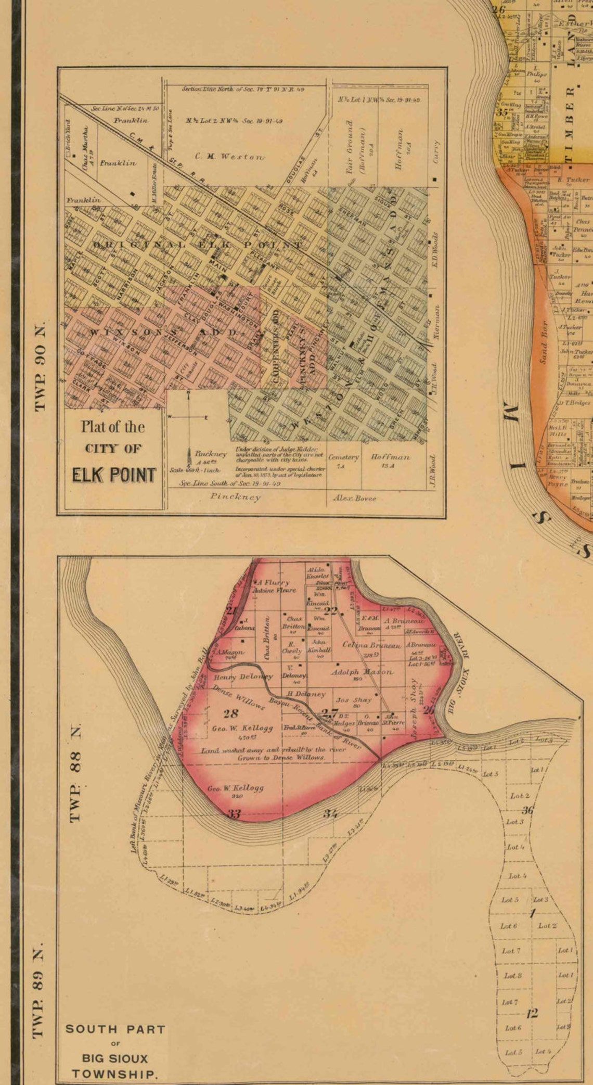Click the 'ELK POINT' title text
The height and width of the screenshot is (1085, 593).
coord(113,475)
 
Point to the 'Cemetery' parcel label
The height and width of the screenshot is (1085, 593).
coord(344,457)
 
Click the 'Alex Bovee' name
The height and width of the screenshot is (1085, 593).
coord(354,498)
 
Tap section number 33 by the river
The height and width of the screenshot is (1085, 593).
coord(235,814)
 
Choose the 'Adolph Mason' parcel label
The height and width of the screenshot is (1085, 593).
coord(362,672)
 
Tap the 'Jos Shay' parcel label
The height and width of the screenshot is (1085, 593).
coord(354,700)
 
